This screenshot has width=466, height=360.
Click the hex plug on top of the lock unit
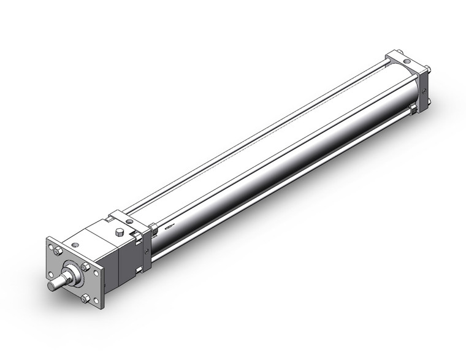click(x=120, y=232)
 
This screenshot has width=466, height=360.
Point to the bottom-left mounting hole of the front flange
click(x=50, y=274)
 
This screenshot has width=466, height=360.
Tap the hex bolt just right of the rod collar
click(x=86, y=267)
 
